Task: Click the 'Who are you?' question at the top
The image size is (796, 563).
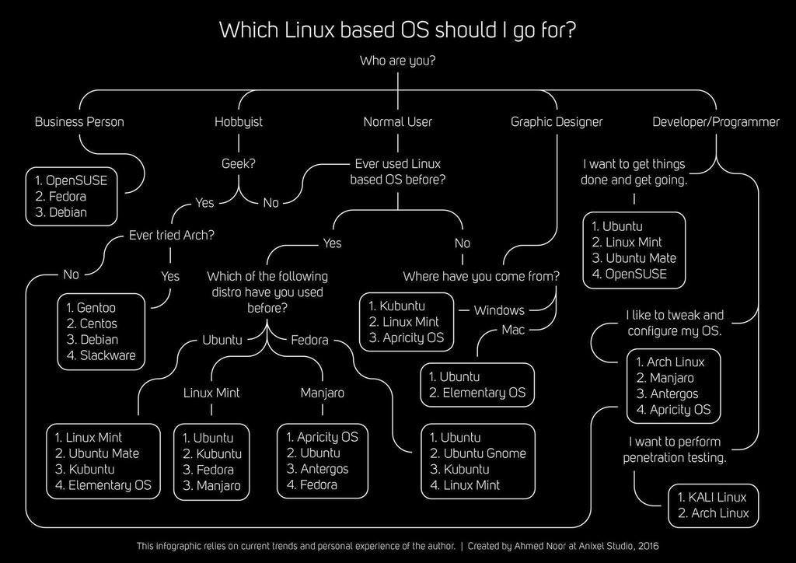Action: click(397, 61)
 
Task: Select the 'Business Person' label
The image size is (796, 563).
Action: click(79, 121)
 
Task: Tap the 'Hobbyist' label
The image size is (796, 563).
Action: click(239, 121)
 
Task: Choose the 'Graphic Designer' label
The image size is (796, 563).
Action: click(557, 121)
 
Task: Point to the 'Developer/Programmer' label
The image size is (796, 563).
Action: click(715, 121)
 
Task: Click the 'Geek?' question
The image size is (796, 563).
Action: click(239, 164)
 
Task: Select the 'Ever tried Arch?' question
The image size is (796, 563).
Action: click(171, 235)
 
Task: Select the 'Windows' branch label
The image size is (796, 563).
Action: click(499, 310)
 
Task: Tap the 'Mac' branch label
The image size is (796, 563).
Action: click(514, 330)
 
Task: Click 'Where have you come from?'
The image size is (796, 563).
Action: click(481, 276)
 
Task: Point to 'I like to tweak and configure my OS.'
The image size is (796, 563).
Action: click(675, 323)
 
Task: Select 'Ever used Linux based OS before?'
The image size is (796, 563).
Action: click(397, 172)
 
